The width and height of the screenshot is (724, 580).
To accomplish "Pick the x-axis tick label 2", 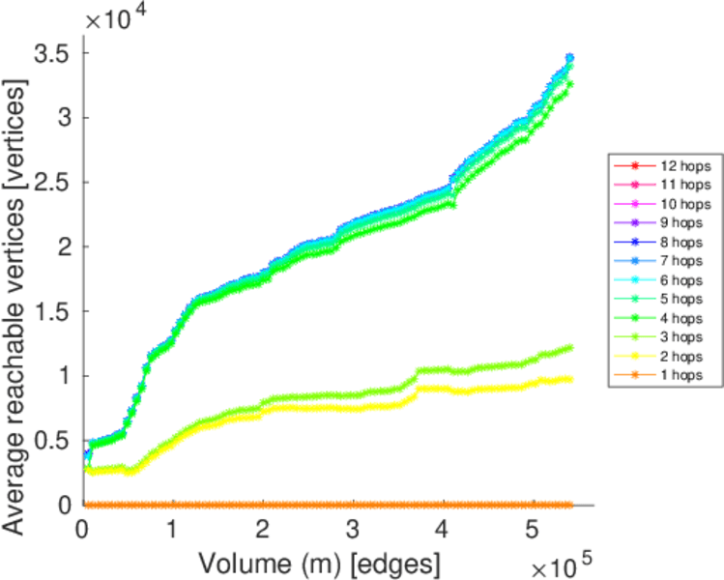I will [x=263, y=530].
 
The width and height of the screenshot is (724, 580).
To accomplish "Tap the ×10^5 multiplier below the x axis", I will [x=559, y=562].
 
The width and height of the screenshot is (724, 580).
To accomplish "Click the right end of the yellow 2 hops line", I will [x=570, y=378].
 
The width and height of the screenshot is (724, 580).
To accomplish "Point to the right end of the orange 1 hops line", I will [x=570, y=505].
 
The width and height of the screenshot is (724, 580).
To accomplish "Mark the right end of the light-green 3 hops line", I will [x=570, y=347].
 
